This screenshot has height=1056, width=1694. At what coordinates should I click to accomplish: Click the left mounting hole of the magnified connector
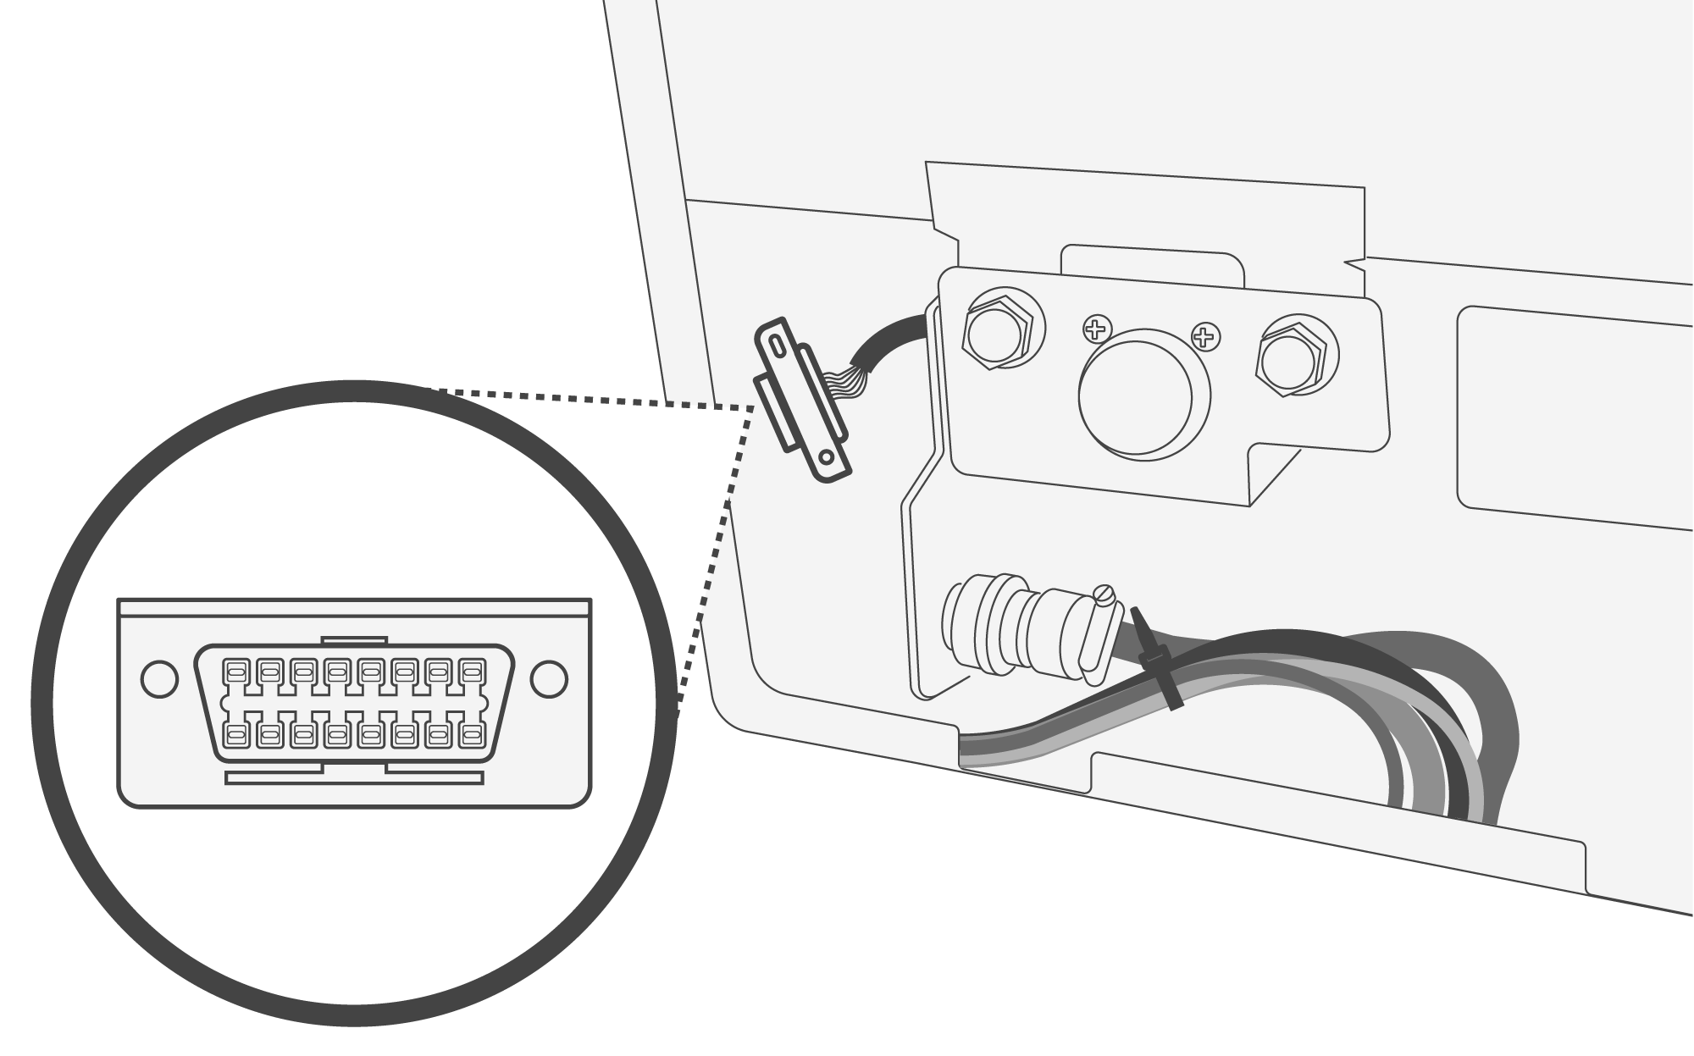pos(158,679)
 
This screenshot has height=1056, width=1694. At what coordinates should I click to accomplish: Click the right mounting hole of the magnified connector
pos(549,679)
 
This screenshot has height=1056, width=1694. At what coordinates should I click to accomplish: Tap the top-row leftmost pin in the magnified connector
pos(235,672)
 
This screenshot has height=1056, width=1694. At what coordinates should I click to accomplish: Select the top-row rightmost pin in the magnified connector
pos(471,672)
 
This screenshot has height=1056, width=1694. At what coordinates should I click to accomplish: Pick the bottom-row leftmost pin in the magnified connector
pos(235,734)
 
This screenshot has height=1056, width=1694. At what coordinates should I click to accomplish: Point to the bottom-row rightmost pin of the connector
pos(471,734)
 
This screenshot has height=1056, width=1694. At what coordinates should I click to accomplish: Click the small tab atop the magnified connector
pos(355,642)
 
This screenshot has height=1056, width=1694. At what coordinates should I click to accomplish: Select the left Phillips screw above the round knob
pos(1097,329)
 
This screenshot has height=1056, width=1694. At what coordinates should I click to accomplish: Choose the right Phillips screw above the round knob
pos(1204,337)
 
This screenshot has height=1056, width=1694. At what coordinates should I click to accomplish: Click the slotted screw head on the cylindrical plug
pos(1105,595)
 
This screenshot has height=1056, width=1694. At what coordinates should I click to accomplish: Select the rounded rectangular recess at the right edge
pos(1575,419)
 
